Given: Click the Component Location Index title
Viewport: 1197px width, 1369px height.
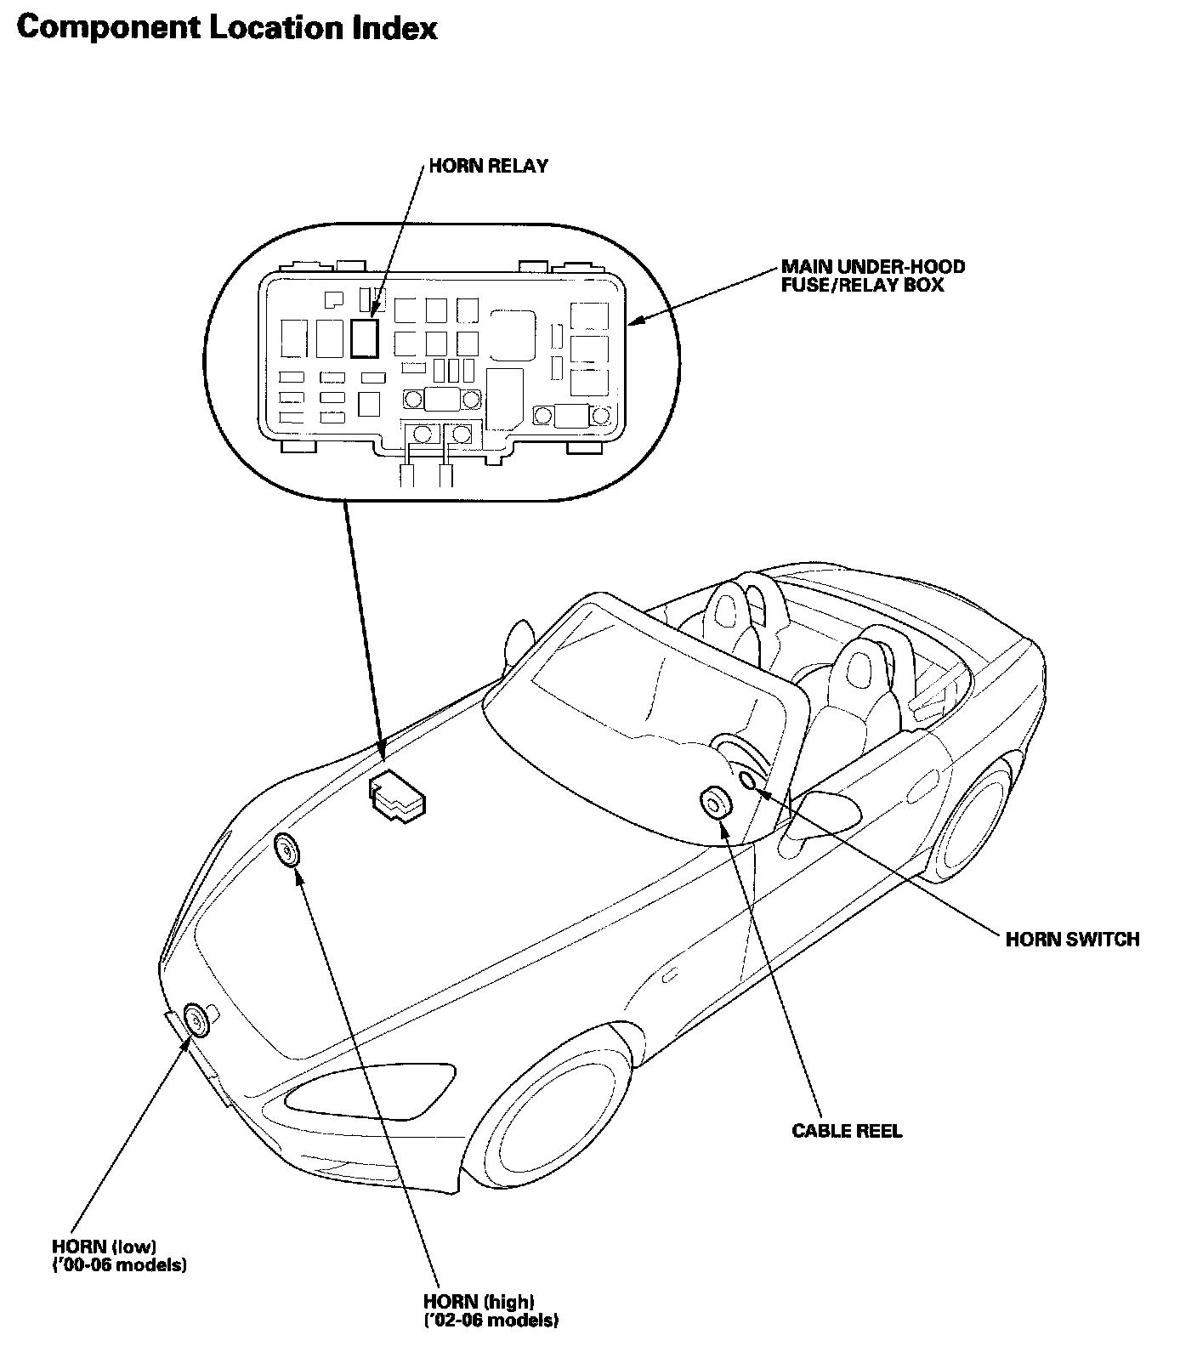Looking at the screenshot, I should (x=226, y=28).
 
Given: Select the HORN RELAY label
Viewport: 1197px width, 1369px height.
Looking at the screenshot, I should (x=488, y=166).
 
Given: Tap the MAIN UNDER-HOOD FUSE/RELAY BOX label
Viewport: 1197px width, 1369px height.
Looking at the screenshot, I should (x=872, y=276).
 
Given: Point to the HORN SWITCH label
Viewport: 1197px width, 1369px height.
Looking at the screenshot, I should (x=1072, y=939).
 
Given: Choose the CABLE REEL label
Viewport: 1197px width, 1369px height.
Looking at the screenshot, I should (x=847, y=1131).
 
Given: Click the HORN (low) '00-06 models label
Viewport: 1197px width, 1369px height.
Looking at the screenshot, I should (x=119, y=1256).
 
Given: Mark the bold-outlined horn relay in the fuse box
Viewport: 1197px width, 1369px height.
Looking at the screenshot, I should (x=363, y=338).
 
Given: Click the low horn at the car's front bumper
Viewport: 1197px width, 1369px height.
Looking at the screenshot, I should (x=196, y=1020).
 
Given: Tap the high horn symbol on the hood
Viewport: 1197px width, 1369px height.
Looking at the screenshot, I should (x=288, y=849).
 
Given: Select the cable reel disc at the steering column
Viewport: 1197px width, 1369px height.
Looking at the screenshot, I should (x=713, y=802).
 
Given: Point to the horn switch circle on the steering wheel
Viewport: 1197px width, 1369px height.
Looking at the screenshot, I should (x=748, y=781).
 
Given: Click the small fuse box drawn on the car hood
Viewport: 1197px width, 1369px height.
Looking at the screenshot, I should (x=397, y=796).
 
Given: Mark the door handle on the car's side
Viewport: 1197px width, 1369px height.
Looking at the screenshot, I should (x=670, y=974).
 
